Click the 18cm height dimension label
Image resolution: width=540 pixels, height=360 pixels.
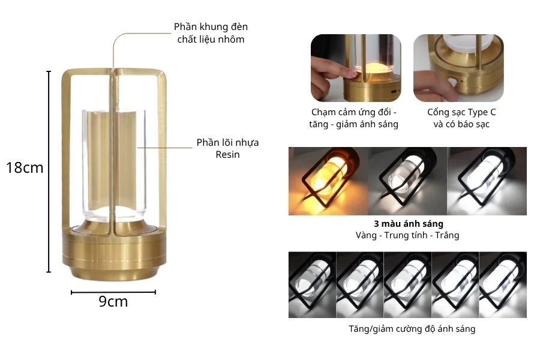click(x=25, y=168)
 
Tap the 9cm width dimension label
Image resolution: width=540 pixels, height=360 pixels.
click(x=113, y=301)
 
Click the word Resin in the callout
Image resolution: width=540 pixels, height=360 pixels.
click(x=227, y=154)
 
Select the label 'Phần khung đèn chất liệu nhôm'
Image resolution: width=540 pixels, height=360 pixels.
click(x=211, y=33)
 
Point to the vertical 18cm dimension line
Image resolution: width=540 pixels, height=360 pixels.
click(x=49, y=172)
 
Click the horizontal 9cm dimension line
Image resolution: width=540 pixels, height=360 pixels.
click(x=113, y=292)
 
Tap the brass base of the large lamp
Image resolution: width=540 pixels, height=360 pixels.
click(x=115, y=249)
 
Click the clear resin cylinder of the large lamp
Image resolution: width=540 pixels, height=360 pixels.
click(x=114, y=166)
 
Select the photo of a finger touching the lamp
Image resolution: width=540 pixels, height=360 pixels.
click(x=356, y=68)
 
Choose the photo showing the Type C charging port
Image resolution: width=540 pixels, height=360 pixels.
click(x=458, y=68)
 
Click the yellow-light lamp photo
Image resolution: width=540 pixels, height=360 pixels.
click(x=328, y=181)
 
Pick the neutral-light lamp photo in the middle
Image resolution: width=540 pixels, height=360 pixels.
click(x=407, y=181)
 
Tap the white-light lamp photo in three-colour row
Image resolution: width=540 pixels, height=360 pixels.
click(x=487, y=181)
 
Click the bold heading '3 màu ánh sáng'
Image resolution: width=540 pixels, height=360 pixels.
click(x=409, y=224)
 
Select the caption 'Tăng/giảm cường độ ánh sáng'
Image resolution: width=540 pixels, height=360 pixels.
click(x=412, y=329)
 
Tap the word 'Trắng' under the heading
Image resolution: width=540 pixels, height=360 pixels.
click(x=447, y=236)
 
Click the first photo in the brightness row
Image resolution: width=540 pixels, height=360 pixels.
click(x=313, y=284)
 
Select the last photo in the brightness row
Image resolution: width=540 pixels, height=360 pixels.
click(x=503, y=284)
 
